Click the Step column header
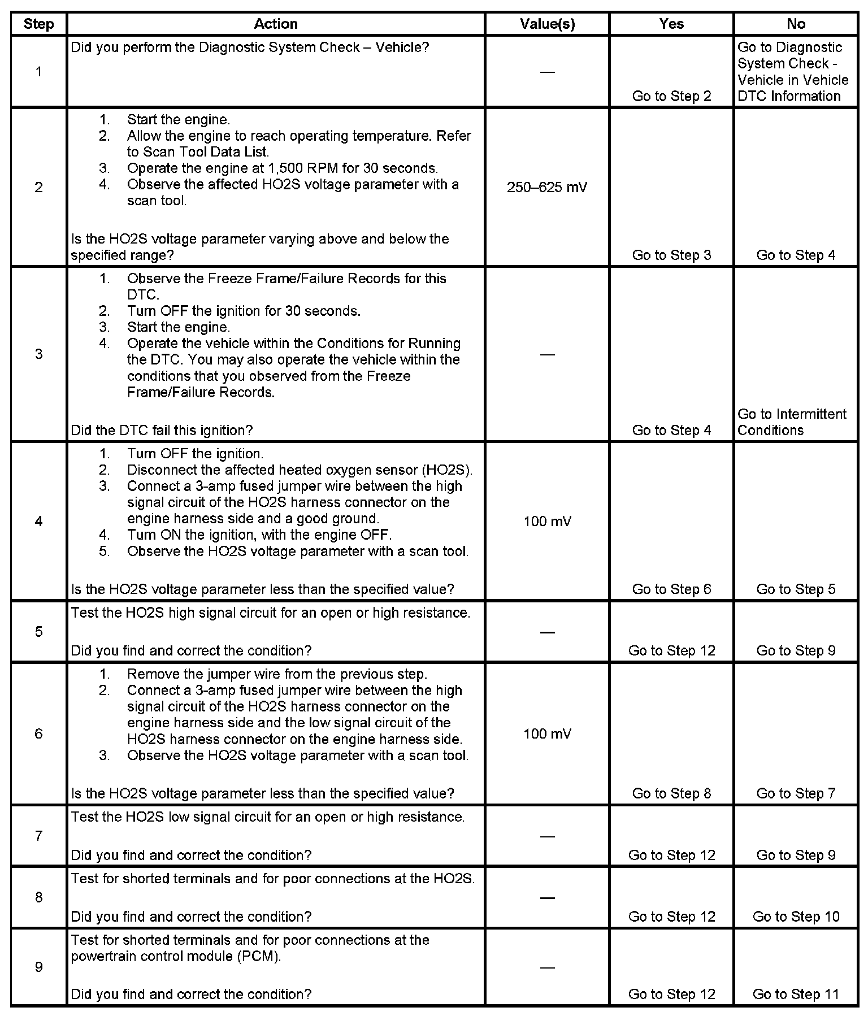(38, 24)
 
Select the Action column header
(275, 24)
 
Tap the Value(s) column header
(547, 24)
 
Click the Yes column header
(671, 24)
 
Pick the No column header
(796, 24)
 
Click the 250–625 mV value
(547, 187)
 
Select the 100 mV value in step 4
(547, 521)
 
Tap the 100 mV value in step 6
(547, 733)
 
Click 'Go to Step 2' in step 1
(671, 96)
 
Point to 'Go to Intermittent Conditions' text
(792, 422)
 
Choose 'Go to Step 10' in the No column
(796, 916)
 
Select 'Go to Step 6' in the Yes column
(671, 589)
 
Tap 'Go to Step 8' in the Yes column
(671, 793)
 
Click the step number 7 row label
(38, 835)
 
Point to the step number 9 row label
(38, 967)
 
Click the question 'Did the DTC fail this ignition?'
(162, 430)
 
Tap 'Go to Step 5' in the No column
(796, 589)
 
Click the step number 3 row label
(38, 354)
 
